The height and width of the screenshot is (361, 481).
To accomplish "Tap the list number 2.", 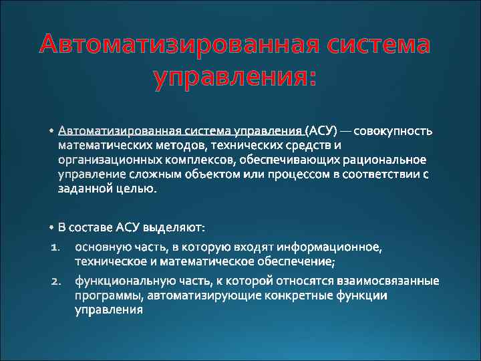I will [55, 279].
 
